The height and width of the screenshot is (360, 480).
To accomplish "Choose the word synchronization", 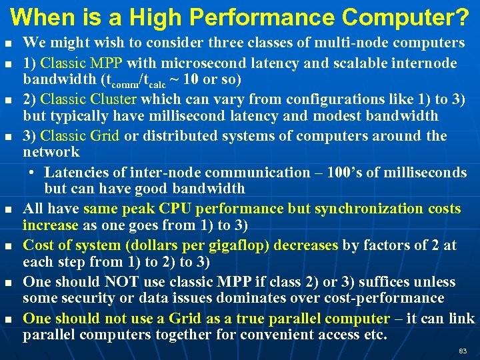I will [370, 208].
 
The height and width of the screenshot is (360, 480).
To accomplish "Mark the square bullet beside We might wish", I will [8, 43].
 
